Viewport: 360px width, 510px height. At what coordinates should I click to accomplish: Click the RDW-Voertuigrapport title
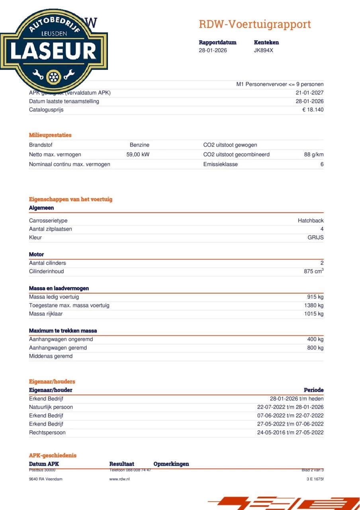click(x=254, y=24)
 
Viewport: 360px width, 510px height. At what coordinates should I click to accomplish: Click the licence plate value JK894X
click(x=264, y=51)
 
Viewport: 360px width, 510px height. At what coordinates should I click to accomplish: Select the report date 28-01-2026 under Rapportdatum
click(x=213, y=51)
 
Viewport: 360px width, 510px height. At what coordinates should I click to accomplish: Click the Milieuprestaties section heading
click(x=50, y=135)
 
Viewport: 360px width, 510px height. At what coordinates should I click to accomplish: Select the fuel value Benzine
click(x=139, y=145)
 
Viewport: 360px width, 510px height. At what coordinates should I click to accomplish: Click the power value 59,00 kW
click(x=138, y=155)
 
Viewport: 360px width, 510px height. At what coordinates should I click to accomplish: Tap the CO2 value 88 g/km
click(x=314, y=155)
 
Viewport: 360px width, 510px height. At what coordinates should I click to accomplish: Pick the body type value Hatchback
click(x=311, y=221)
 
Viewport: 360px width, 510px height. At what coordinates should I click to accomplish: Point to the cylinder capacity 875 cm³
click(x=313, y=271)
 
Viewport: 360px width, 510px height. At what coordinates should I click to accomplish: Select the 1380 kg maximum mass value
click(x=314, y=306)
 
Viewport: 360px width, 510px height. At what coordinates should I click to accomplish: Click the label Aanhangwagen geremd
click(x=58, y=348)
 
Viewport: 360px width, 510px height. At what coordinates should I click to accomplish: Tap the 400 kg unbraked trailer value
click(x=315, y=339)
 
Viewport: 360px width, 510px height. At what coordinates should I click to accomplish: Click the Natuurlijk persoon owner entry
click(x=51, y=407)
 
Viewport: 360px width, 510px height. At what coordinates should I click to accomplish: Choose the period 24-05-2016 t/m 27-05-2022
click(x=290, y=433)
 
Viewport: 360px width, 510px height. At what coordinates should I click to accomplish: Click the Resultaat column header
click(x=121, y=464)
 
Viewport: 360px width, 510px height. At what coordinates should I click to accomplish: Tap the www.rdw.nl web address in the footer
click(x=119, y=479)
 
